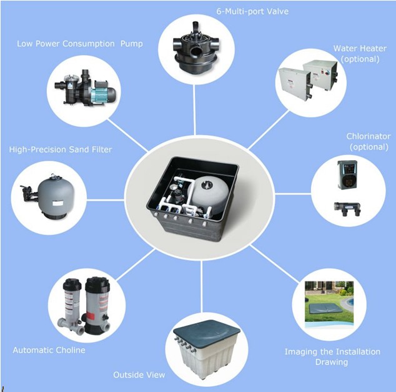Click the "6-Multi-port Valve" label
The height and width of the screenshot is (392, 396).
coord(252,11)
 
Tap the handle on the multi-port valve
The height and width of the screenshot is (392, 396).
coord(195,28)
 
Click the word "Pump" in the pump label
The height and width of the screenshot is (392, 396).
coord(131,44)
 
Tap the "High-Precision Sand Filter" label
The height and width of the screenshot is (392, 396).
coord(61,149)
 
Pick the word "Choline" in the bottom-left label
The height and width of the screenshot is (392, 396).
coord(70,350)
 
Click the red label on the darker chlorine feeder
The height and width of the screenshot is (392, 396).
coord(91,316)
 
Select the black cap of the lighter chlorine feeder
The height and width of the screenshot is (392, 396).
coord(72,284)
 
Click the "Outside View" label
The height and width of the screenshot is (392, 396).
coord(139,374)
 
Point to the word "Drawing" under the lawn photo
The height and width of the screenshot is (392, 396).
coord(331,362)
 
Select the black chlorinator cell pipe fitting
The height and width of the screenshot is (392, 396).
coord(347,208)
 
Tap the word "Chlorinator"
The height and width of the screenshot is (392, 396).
coord(369,136)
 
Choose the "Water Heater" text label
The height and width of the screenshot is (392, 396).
coord(360,48)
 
